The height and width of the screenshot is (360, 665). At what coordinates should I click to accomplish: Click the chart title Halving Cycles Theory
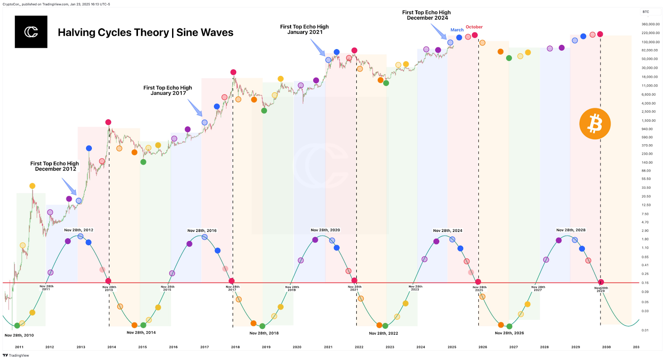(145, 32)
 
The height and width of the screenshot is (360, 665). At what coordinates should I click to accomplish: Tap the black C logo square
(31, 32)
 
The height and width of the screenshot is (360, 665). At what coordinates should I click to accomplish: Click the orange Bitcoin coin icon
(595, 124)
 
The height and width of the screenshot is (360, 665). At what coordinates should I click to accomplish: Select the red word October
(474, 27)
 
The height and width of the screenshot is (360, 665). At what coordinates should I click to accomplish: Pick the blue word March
(457, 30)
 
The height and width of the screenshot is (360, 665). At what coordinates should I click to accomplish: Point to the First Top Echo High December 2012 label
(55, 166)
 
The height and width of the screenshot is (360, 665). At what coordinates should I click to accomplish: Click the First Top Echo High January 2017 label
(168, 90)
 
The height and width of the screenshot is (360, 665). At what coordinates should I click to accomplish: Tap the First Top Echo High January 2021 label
(305, 29)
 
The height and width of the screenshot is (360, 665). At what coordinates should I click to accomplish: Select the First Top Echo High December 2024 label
(426, 15)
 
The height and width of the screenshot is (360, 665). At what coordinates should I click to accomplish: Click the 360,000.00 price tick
(650, 24)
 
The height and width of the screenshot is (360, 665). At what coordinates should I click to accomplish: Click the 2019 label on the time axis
(266, 347)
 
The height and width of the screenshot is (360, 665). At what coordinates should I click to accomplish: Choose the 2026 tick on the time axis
(483, 347)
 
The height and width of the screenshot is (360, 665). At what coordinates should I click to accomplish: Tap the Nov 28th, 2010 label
(19, 335)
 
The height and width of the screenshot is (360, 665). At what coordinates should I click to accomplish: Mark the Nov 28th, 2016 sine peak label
(202, 230)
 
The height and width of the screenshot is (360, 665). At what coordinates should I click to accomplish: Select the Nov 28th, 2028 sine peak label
(571, 230)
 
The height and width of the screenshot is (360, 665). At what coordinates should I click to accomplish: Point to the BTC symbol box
(646, 12)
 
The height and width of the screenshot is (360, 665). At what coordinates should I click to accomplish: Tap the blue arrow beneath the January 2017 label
(195, 108)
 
